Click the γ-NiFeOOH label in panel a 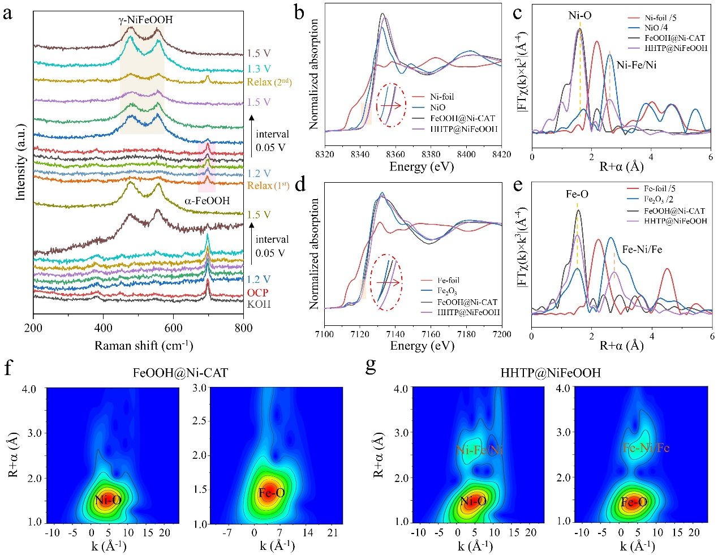[145, 20]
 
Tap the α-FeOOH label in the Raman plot [207, 201]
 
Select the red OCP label [257, 292]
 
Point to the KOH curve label [259, 304]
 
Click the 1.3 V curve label [259, 68]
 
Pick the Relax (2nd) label [269, 82]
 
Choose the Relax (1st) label [268, 186]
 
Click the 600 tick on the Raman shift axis [173, 328]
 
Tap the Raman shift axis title [143, 345]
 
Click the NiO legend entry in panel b [437, 107]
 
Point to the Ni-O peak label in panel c [580, 16]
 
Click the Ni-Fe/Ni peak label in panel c [637, 65]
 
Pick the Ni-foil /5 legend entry [660, 18]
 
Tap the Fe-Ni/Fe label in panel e [642, 249]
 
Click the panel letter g [371, 366]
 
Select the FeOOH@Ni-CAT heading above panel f [180, 373]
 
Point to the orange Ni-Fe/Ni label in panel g [479, 450]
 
